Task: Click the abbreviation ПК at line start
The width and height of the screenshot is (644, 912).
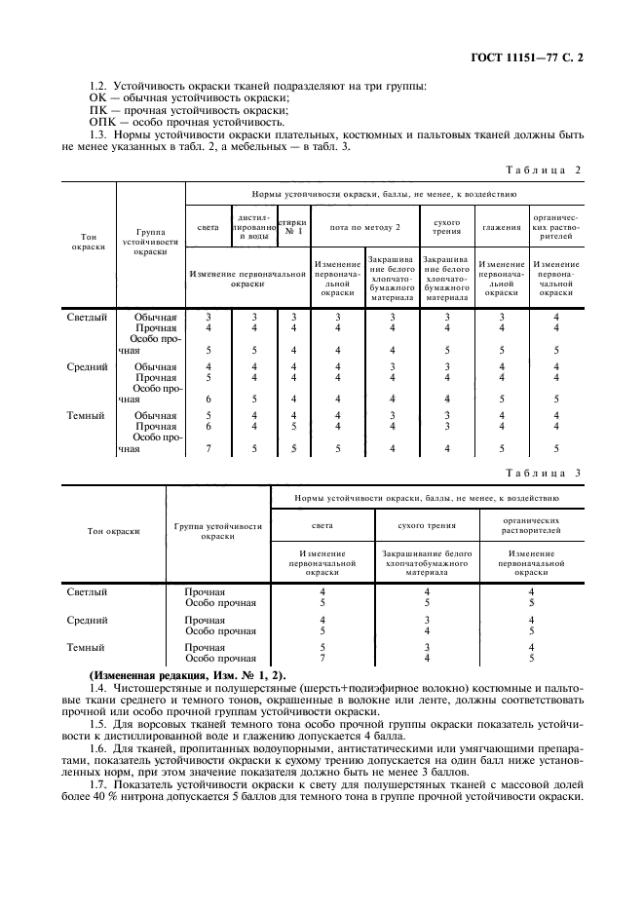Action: pyautogui.click(x=97, y=111)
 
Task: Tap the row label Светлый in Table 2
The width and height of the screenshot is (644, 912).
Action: pyautogui.click(x=86, y=317)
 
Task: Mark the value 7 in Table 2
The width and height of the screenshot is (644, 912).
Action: pyautogui.click(x=208, y=448)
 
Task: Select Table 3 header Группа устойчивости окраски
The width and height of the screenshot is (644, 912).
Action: pyautogui.click(x=218, y=531)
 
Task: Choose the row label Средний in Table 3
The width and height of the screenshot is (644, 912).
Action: pyautogui.click(x=86, y=620)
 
